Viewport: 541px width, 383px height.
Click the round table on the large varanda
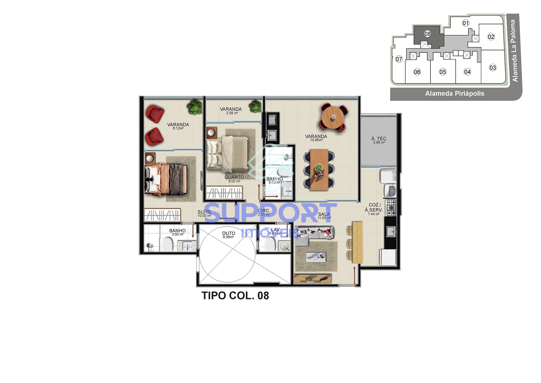(x=333, y=117)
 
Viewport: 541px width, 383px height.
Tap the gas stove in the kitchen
(x=391, y=207)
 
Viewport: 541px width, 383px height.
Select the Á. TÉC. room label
(x=379, y=139)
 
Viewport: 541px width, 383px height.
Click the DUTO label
(x=229, y=233)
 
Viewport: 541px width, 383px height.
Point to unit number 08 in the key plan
(x=427, y=34)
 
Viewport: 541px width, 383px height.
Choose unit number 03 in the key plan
(x=493, y=68)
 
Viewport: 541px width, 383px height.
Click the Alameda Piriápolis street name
(x=454, y=94)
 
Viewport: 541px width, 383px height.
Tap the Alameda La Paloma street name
(x=514, y=51)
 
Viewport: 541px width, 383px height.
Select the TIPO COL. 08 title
(x=235, y=296)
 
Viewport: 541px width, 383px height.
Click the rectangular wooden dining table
(x=319, y=169)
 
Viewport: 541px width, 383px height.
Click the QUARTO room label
(x=234, y=177)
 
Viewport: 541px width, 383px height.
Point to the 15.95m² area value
(x=316, y=140)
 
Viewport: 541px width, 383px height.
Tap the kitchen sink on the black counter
(x=391, y=231)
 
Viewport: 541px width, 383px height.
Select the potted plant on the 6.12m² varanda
(x=195, y=107)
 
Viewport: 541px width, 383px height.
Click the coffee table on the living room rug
(x=316, y=257)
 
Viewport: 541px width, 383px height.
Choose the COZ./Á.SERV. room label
(x=374, y=207)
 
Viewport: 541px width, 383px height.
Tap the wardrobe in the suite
(x=162, y=215)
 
